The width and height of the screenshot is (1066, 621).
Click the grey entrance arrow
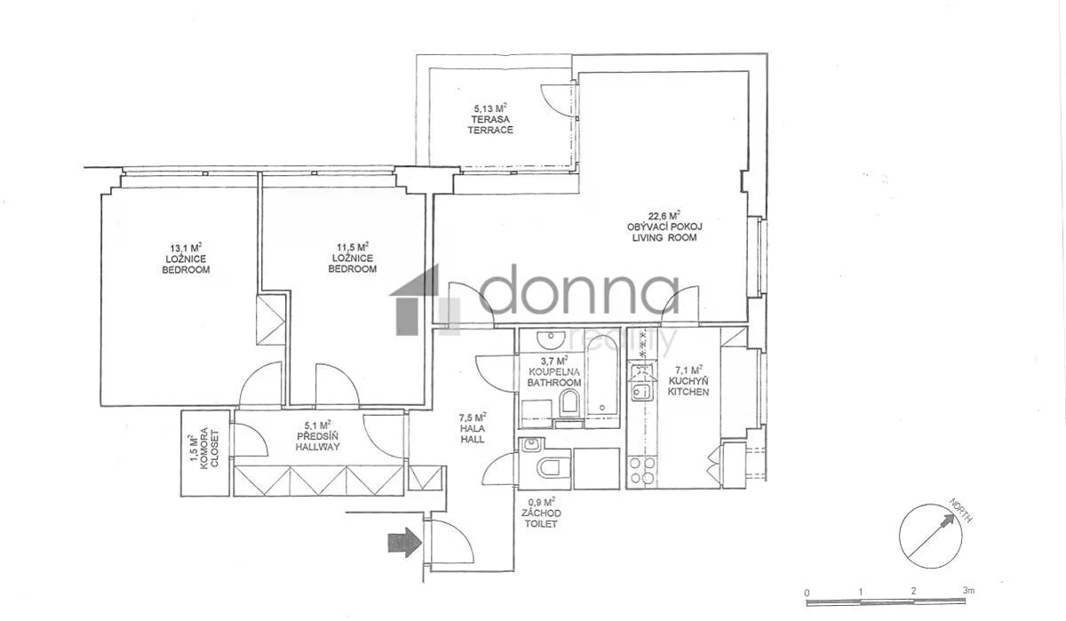click(405, 542)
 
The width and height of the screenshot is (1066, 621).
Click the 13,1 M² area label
click(186, 248)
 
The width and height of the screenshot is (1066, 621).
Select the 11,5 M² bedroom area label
click(353, 247)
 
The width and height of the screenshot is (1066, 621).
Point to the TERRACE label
click(490, 130)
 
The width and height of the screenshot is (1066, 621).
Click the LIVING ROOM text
click(664, 237)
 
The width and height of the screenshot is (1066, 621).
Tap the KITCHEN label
click(688, 392)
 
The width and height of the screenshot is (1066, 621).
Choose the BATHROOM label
click(554, 383)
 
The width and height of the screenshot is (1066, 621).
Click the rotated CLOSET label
click(215, 449)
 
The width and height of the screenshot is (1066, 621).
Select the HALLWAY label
click(317, 447)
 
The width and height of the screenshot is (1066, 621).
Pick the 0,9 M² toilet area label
click(542, 502)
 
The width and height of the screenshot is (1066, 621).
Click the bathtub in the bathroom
click(602, 376)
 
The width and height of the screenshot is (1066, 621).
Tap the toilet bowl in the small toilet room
click(553, 467)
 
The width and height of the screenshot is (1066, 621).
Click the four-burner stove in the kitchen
click(641, 471)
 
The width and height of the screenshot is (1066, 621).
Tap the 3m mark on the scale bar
click(968, 591)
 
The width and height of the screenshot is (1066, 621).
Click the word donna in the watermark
click(578, 291)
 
